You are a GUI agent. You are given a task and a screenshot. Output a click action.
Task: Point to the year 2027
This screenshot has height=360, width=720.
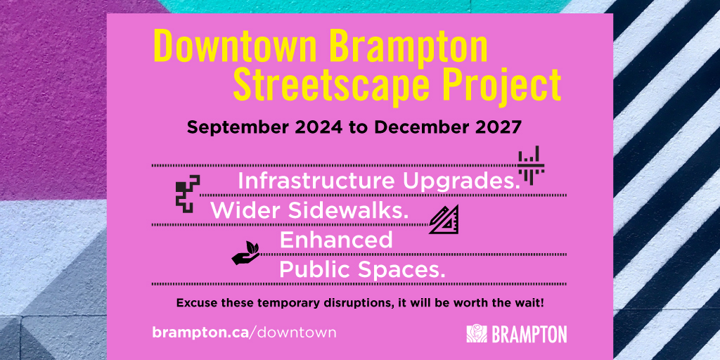point(496,128)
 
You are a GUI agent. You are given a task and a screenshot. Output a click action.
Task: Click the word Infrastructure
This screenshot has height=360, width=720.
point(317,181)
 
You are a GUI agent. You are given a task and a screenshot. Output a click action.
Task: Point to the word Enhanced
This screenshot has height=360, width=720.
point(336,240)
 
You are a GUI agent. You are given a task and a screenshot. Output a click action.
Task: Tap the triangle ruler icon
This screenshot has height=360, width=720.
point(444,220)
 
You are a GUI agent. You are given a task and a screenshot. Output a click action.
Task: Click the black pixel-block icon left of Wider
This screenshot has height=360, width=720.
point(187,194)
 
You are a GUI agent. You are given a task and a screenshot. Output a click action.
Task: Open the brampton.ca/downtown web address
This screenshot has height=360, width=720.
point(244,332)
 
